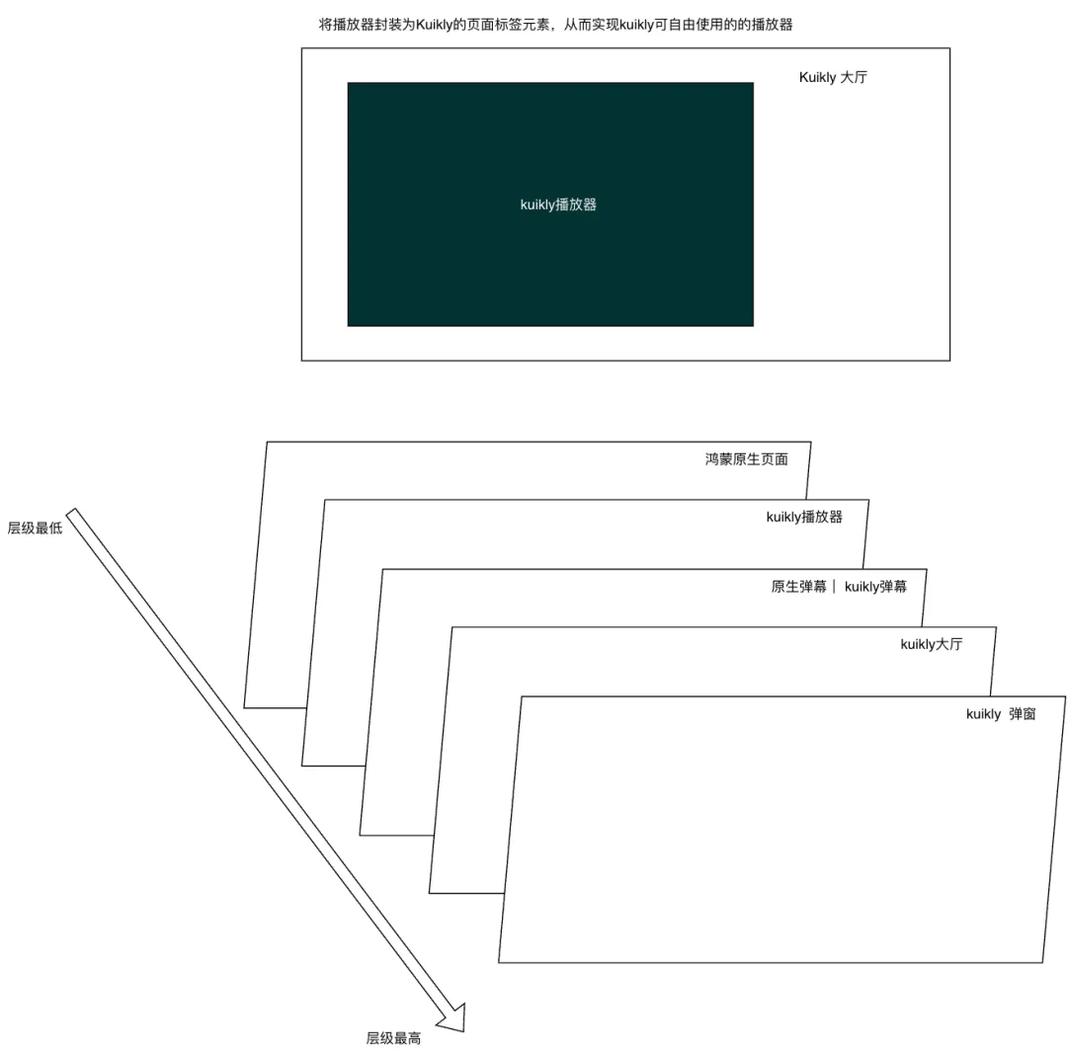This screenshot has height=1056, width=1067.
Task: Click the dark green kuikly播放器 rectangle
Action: pyautogui.click(x=550, y=204)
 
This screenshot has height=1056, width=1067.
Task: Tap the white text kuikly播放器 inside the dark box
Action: pyautogui.click(x=558, y=204)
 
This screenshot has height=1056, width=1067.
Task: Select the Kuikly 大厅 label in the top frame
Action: pyautogui.click(x=833, y=77)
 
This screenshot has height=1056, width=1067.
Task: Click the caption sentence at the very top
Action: pyautogui.click(x=556, y=25)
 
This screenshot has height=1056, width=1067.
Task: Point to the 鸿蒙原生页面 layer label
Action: pyautogui.click(x=747, y=459)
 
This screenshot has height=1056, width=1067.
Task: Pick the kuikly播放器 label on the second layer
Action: pyautogui.click(x=804, y=517)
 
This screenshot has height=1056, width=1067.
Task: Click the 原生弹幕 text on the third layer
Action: pyautogui.click(x=799, y=587)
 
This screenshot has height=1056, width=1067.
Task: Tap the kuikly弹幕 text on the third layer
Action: pyautogui.click(x=875, y=587)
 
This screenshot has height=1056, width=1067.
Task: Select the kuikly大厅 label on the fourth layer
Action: pyautogui.click(x=932, y=644)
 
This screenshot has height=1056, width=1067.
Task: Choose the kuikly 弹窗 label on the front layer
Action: pyautogui.click(x=1001, y=714)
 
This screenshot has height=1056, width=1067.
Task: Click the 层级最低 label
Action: pyautogui.click(x=35, y=528)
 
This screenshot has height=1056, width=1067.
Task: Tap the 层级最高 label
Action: pyautogui.click(x=393, y=1038)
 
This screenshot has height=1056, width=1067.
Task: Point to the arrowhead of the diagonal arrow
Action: pyautogui.click(x=462, y=1030)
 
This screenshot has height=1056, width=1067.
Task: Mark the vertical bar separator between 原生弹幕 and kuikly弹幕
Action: pyautogui.click(x=834, y=586)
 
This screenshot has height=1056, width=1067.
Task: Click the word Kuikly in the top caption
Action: pyautogui.click(x=434, y=25)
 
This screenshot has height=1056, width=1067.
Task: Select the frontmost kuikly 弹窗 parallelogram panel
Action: pyautogui.click(x=781, y=830)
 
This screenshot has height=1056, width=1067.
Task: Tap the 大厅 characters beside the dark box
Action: pyautogui.click(x=854, y=77)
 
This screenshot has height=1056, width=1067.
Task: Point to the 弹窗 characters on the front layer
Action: pyautogui.click(x=1023, y=714)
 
